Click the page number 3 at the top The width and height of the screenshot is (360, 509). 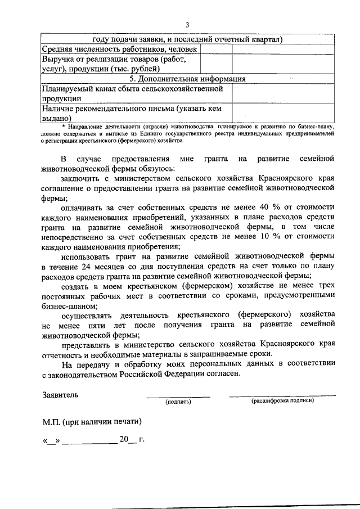(188, 24)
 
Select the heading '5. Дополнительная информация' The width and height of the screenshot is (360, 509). (188, 78)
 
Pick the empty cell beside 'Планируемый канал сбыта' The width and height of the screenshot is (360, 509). (283, 93)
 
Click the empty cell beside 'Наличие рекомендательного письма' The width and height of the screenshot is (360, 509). (283, 112)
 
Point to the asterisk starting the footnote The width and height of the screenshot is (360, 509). (48, 128)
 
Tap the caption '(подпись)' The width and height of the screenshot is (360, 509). (178, 402)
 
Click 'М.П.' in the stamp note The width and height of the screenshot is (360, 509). (52, 421)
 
